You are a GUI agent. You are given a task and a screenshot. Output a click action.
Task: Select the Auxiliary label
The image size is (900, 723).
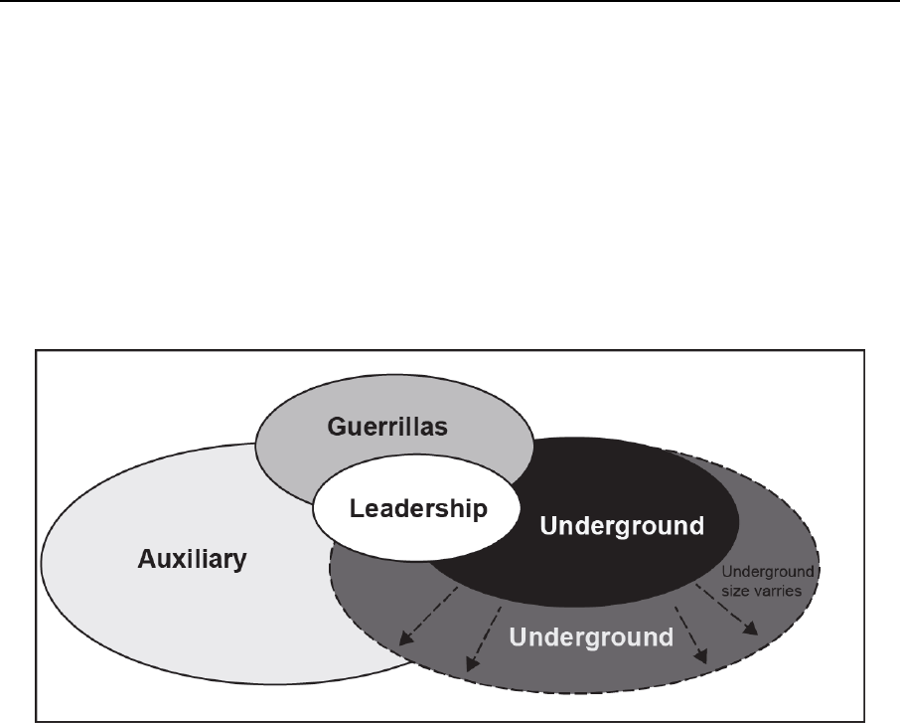click(x=190, y=560)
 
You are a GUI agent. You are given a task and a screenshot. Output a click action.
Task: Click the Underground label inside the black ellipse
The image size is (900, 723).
click(x=621, y=524)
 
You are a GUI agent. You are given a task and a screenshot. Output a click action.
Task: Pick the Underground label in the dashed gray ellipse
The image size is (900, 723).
click(x=591, y=636)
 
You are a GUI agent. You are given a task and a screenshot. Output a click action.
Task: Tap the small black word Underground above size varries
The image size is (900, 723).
click(x=768, y=572)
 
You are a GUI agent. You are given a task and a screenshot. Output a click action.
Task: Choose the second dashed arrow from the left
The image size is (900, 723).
click(x=484, y=636)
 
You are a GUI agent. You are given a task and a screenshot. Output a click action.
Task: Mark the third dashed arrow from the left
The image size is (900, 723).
click(x=691, y=633)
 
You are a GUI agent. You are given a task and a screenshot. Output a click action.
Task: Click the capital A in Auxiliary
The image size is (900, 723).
click(x=142, y=560)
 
